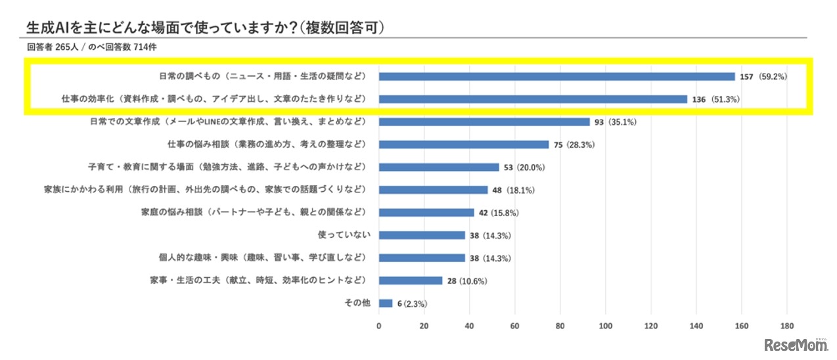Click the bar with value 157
tap(557, 76)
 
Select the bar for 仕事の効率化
tap(533, 99)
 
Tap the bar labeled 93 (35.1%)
tap(484, 122)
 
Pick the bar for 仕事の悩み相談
tap(464, 145)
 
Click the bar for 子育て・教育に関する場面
tap(439, 167)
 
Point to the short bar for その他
tap(386, 303)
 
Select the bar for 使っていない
tap(422, 235)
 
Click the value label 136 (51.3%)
tap(717, 99)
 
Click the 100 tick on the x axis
tap(606, 326)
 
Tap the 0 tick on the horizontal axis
tap(379, 326)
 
